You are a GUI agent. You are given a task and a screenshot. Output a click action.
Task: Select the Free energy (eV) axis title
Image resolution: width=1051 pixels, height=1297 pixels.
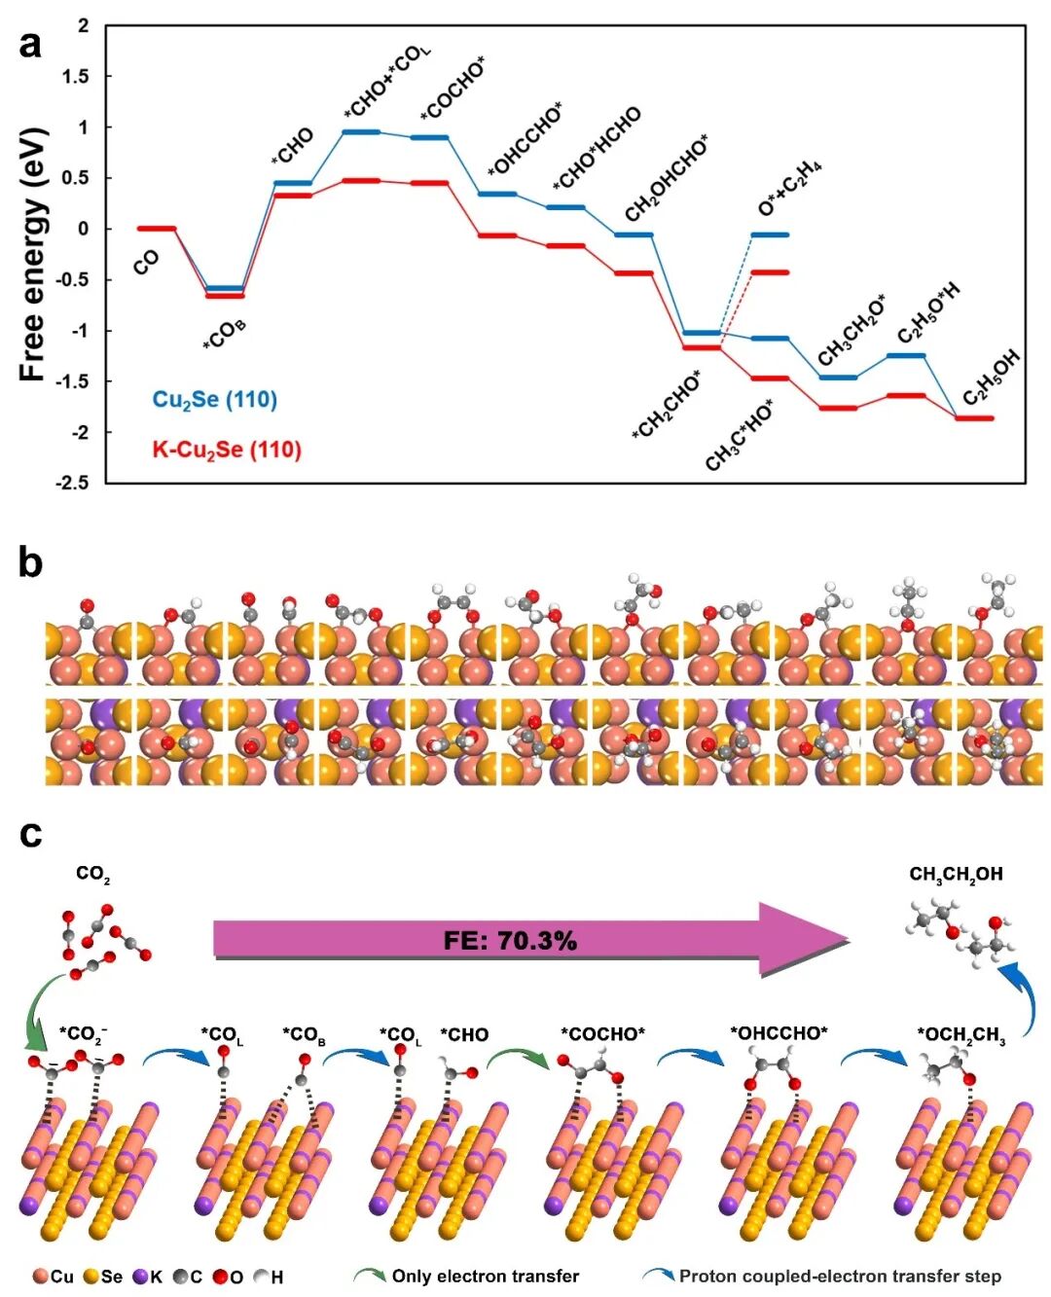pyautogui.click(x=32, y=255)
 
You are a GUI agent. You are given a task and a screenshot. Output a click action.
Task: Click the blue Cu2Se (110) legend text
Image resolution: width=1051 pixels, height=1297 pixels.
pyautogui.click(x=214, y=401)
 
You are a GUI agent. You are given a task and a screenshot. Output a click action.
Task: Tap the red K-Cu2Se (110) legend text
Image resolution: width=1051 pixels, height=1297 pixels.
pyautogui.click(x=227, y=450)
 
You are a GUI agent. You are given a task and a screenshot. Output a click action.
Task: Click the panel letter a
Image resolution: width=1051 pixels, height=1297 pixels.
pyautogui.click(x=30, y=46)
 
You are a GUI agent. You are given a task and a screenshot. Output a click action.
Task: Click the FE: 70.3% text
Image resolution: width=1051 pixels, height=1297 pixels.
pyautogui.click(x=510, y=941)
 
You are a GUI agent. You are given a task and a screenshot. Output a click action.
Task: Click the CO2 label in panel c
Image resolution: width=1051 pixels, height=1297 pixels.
pyautogui.click(x=93, y=875)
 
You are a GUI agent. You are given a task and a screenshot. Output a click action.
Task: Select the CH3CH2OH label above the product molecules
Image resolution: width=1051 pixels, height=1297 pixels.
pyautogui.click(x=956, y=875)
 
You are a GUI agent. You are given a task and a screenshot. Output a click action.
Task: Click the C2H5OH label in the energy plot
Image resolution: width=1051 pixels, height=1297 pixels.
pyautogui.click(x=991, y=378)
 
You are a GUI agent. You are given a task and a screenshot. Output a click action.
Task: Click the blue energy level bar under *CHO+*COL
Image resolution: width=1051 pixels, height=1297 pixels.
pyautogui.click(x=361, y=131)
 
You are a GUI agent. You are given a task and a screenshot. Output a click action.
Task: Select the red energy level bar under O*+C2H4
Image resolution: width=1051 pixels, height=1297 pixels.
pyautogui.click(x=771, y=272)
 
